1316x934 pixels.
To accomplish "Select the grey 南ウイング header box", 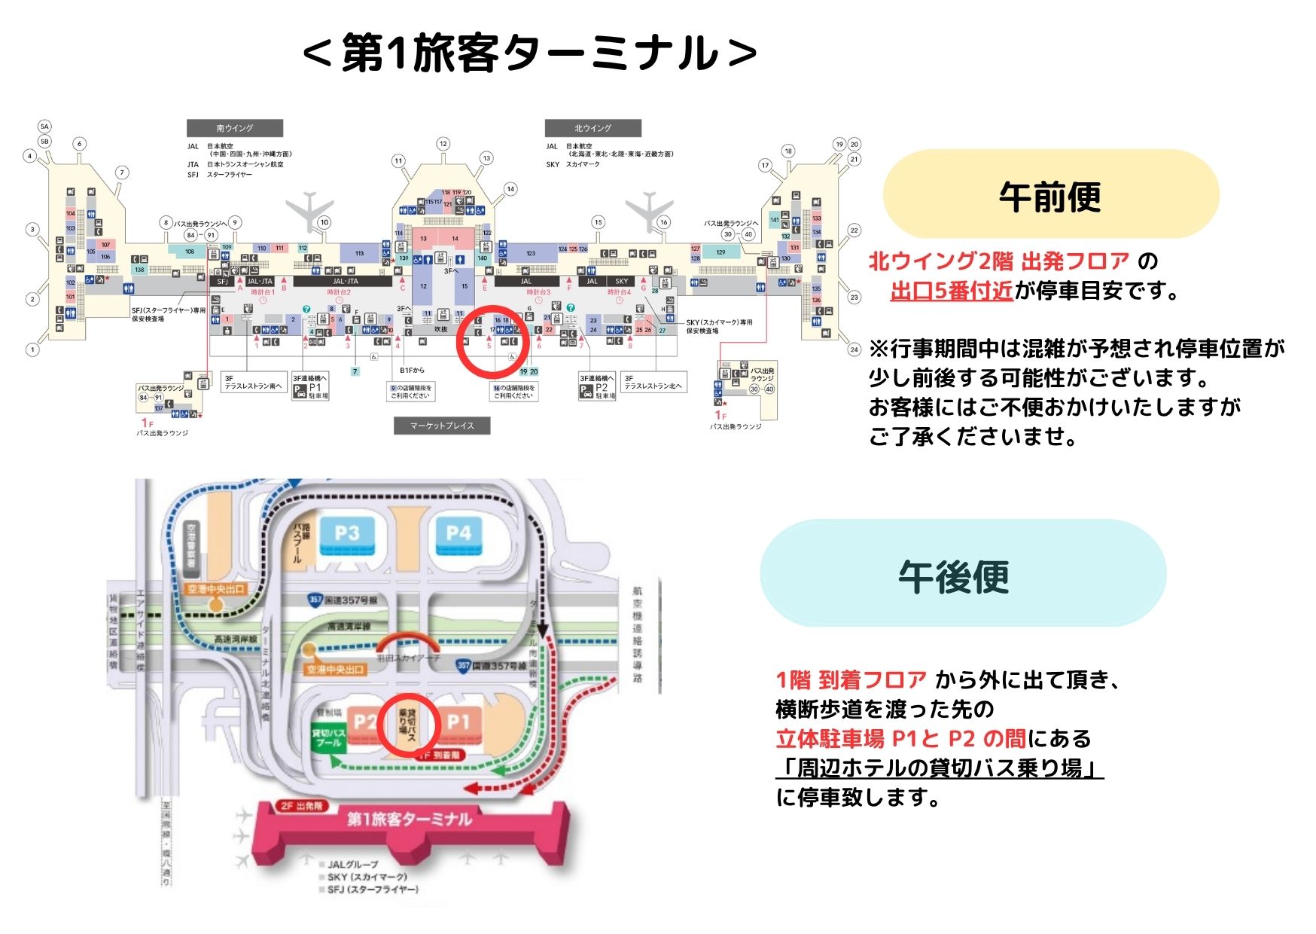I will tap(235, 128).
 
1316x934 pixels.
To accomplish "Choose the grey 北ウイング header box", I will tap(593, 128).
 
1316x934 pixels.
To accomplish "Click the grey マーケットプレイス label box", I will tap(442, 426).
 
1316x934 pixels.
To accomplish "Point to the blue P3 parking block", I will tap(347, 535).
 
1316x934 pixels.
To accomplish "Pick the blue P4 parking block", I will tap(458, 535).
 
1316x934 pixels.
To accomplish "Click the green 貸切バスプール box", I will tap(328, 737).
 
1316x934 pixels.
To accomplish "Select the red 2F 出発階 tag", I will tap(301, 806).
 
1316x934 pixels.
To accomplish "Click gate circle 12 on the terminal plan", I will tap(443, 144).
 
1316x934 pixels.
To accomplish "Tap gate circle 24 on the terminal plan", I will tap(854, 349).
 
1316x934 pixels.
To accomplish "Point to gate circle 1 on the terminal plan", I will tap(32, 349).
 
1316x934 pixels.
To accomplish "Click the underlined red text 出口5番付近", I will tap(951, 291).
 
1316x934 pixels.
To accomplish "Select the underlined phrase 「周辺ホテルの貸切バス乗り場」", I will tap(940, 768).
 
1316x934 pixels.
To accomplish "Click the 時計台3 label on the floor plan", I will tap(538, 292).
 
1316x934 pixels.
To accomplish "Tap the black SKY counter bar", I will tap(622, 281).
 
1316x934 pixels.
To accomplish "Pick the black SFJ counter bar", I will tap(222, 281).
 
